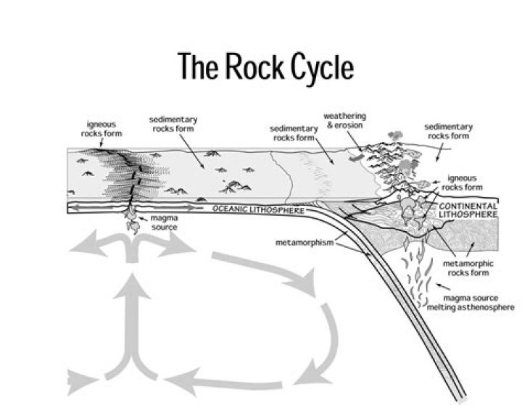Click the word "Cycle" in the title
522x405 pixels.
coord(312,67)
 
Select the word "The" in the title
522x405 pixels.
coord(195,67)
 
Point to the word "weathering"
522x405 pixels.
coord(344,116)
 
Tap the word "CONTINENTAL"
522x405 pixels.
coord(468,206)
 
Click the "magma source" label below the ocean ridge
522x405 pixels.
coord(163,222)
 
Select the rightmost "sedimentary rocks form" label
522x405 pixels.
coord(449,130)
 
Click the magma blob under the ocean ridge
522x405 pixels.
coord(133,222)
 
